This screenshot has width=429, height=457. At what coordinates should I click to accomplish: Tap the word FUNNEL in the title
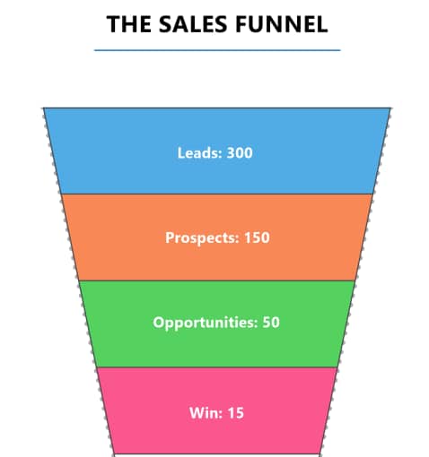coord(282,24)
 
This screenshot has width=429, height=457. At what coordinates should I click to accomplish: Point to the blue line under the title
coord(217,50)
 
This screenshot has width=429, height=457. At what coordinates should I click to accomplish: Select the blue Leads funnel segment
coord(217,151)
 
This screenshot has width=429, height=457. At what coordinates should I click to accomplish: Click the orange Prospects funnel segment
coord(217,237)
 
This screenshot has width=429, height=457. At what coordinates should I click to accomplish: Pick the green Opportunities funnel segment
coord(217,324)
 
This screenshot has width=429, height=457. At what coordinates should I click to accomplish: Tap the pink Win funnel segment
coord(217,410)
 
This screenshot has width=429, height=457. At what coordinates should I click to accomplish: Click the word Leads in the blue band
coord(200,152)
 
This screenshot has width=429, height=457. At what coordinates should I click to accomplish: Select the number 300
coord(240,152)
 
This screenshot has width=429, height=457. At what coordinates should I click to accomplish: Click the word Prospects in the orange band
coord(202,238)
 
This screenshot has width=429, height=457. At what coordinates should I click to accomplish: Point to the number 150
coord(257,237)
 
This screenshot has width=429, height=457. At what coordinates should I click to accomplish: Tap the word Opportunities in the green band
coord(205,323)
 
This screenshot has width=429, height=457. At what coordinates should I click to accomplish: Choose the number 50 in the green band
coord(271,323)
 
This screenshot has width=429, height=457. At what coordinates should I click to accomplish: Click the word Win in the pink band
coord(206,413)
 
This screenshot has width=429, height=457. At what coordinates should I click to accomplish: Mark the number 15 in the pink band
coord(236,413)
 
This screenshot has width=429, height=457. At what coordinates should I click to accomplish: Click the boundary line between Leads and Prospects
coord(217,194)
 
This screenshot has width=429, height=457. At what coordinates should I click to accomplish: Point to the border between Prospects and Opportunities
coord(217,280)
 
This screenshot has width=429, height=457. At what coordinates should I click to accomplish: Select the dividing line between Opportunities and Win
coord(217,367)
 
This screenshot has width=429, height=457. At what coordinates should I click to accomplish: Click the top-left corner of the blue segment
coord(44,108)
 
